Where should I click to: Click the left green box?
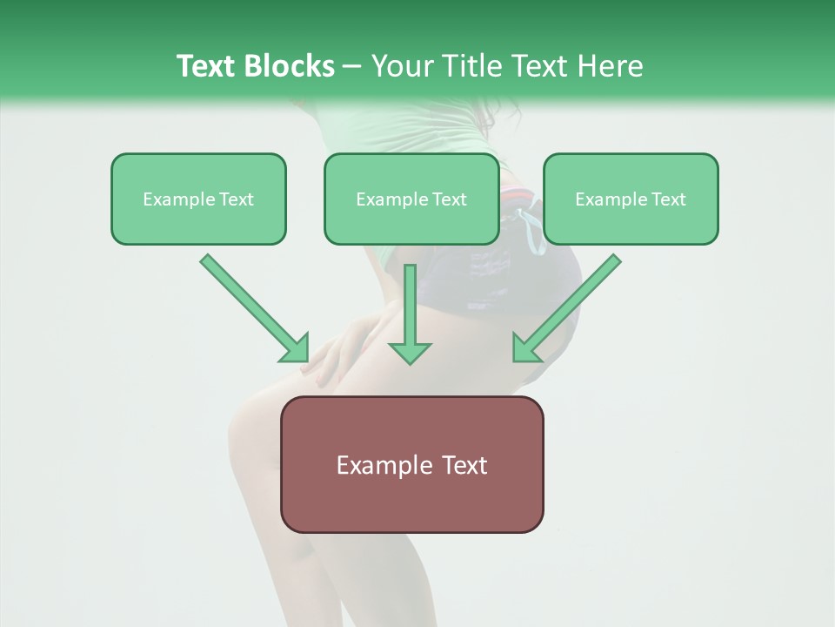coord(198,199)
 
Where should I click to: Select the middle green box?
coord(411,199)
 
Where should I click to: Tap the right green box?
coord(631,199)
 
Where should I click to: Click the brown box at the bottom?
coord(411,464)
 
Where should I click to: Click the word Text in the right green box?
coord(669,199)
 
